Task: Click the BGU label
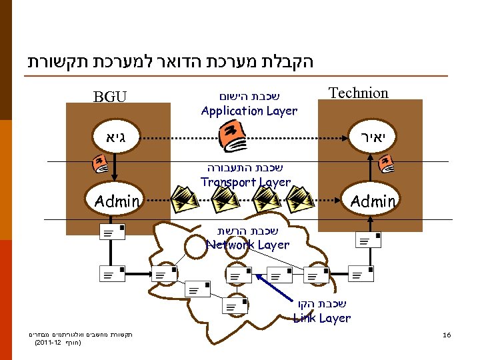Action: pyautogui.click(x=111, y=97)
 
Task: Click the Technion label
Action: pyautogui.click(x=359, y=93)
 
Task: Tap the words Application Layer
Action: pyautogui.click(x=249, y=111)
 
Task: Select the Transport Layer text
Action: pyautogui.click(x=245, y=182)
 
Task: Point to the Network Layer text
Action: pyautogui.click(x=247, y=245)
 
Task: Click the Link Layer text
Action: pyautogui.click(x=322, y=318)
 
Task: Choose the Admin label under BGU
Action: pyautogui.click(x=117, y=201)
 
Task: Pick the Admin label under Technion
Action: pyautogui.click(x=373, y=201)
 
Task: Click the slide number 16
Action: pyautogui.click(x=447, y=335)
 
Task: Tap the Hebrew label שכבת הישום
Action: pyautogui.click(x=249, y=96)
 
